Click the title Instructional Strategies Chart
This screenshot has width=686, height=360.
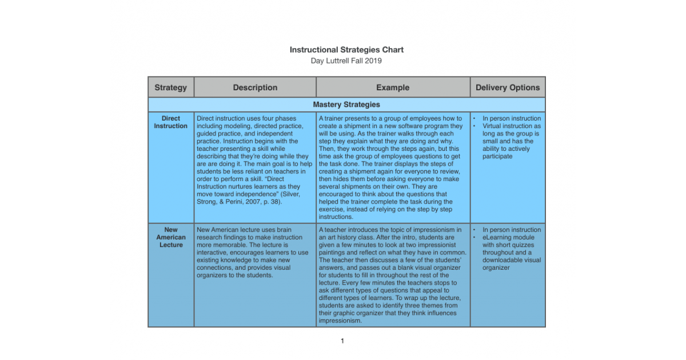(x=346, y=50)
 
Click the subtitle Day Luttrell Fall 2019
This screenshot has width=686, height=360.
(x=346, y=61)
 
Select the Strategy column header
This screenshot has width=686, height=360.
(x=170, y=87)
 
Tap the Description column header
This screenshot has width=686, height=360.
(x=255, y=87)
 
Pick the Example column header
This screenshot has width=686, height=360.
(x=393, y=87)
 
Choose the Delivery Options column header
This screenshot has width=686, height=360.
(x=508, y=87)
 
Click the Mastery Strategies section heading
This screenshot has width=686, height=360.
(x=346, y=105)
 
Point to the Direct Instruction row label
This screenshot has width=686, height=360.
(x=170, y=122)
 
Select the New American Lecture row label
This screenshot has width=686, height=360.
(x=170, y=237)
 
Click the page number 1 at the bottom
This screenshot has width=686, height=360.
(x=342, y=341)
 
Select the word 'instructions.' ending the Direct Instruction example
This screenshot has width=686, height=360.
(x=336, y=217)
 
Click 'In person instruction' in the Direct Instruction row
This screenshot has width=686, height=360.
(x=511, y=119)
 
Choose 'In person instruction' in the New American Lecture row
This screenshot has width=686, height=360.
(x=511, y=230)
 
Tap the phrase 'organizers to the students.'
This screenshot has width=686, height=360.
(x=234, y=275)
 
